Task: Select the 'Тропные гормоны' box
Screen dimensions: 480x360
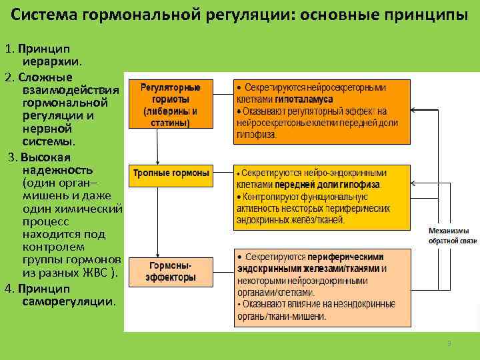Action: (171, 173)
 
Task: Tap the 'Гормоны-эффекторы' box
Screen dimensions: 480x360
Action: (171, 271)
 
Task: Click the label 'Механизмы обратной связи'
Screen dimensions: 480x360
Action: (453, 235)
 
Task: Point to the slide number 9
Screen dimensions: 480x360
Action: (449, 343)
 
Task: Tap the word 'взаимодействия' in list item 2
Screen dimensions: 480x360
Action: (71, 90)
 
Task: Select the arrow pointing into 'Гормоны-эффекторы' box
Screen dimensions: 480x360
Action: (157, 243)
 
